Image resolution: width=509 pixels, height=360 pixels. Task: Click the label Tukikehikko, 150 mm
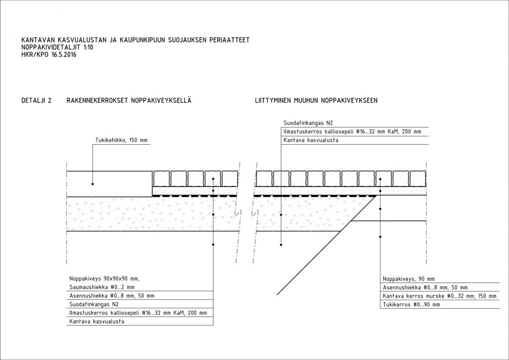click(121, 141)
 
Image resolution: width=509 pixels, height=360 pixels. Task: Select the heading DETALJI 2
click(36, 100)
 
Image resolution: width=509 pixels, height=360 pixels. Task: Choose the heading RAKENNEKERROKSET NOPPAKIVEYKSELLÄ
click(129, 100)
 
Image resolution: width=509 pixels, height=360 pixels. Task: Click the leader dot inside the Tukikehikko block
click(92, 184)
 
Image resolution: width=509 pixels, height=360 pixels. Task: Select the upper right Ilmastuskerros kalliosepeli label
click(352, 132)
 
